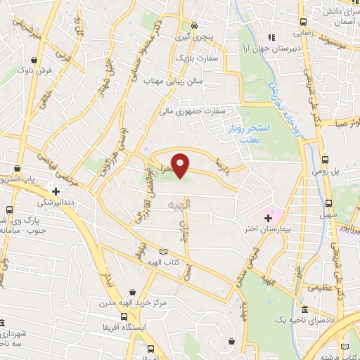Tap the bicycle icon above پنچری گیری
[195, 27]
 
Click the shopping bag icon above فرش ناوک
[34, 58]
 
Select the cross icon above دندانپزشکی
[56, 191]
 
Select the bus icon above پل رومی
[325, 160]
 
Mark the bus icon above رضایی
[303, 22]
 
